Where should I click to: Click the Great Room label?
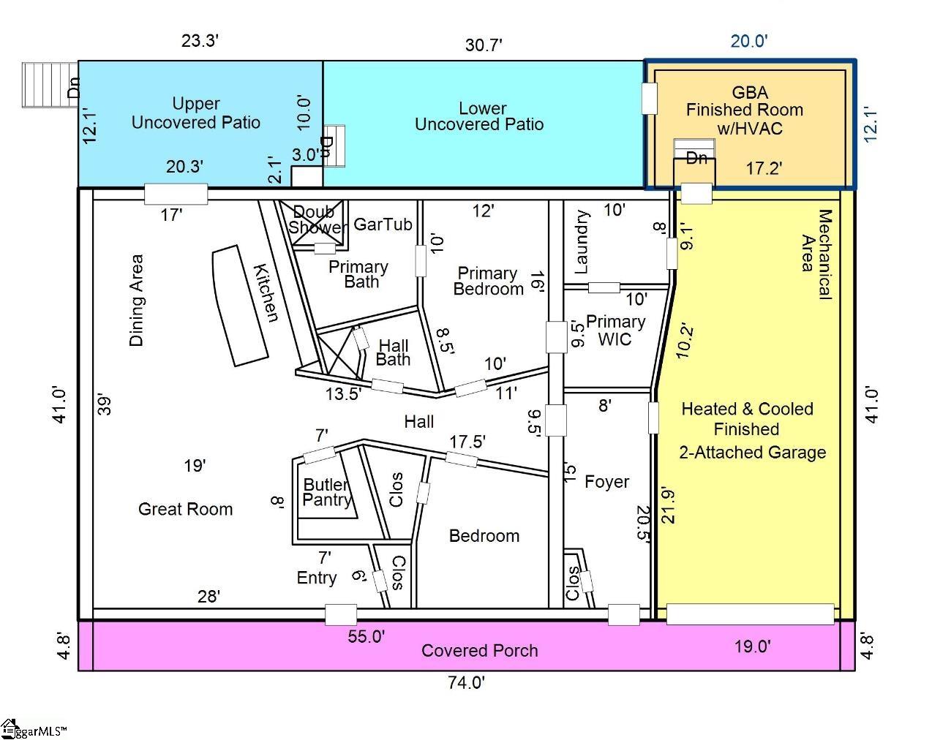click(185, 509)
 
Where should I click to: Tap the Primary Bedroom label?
click(488, 281)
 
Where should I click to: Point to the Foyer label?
click(606, 481)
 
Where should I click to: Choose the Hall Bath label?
click(393, 352)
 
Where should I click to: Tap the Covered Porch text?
click(479, 650)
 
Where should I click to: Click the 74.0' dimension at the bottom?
click(466, 682)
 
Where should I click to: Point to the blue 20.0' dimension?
click(749, 41)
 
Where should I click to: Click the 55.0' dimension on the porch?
click(366, 636)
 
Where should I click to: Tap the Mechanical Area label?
click(816, 254)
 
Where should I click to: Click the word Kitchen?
click(266, 293)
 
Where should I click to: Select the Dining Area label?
click(136, 300)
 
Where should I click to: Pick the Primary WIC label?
click(615, 330)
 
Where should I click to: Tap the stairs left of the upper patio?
click(50, 85)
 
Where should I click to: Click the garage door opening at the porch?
click(750, 614)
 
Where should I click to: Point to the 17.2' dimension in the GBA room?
click(764, 168)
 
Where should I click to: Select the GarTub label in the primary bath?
click(383, 224)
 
